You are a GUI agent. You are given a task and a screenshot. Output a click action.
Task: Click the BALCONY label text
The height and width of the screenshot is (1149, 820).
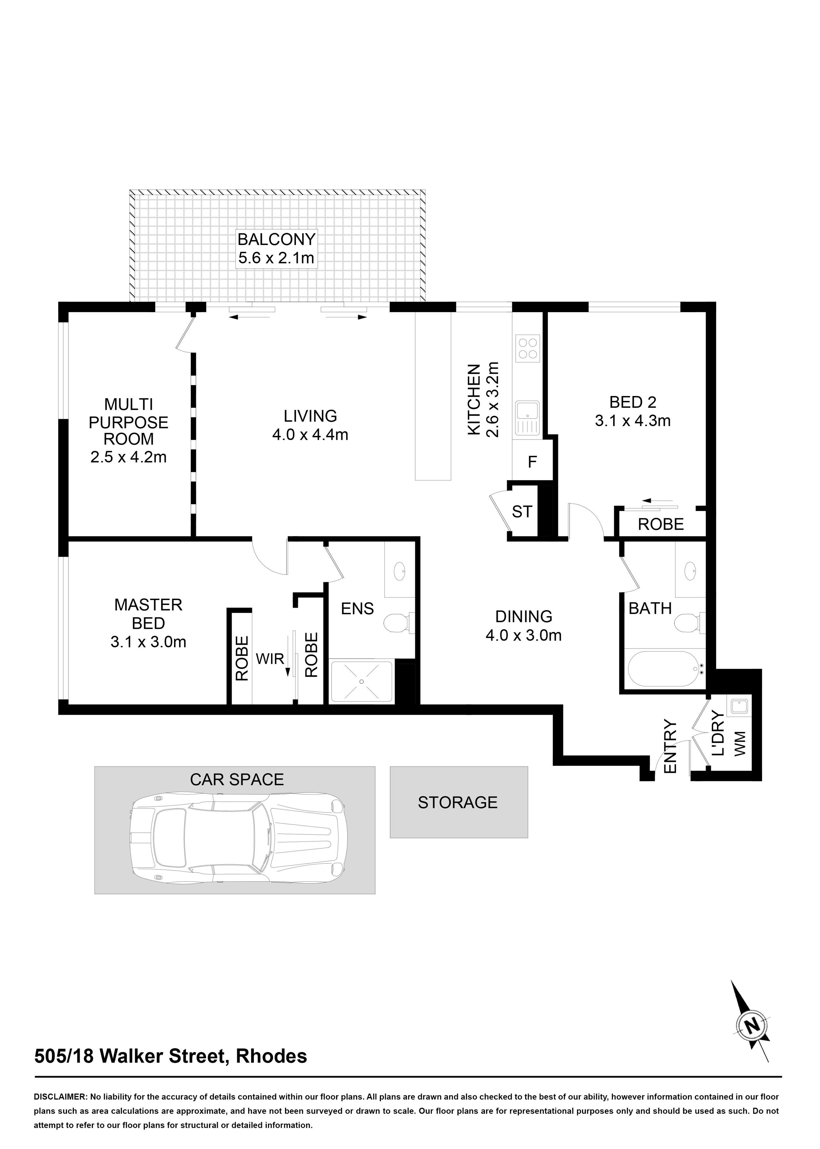[277, 239]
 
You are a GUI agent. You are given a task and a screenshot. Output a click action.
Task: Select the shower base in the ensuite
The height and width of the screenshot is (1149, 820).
[361, 681]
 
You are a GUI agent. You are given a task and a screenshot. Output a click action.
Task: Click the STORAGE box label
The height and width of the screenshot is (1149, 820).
[458, 802]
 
